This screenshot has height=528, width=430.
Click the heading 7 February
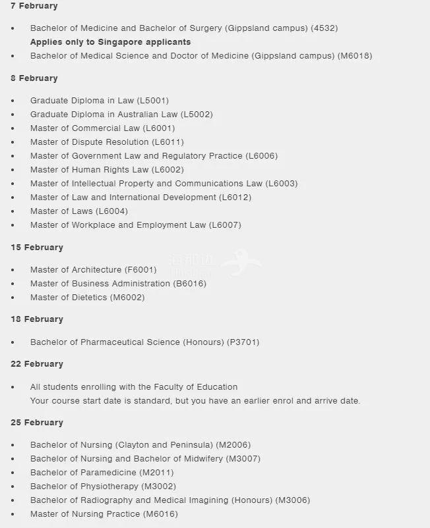34,6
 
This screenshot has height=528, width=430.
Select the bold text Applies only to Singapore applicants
110,42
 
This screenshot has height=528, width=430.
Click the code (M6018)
355,56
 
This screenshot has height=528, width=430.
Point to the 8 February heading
34,78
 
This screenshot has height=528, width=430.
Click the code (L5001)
153,101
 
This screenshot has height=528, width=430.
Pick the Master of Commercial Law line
102,128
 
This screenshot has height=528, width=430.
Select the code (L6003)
282,184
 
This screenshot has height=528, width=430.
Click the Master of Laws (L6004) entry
79,211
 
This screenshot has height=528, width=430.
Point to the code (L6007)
225,225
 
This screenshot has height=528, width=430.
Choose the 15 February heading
37,248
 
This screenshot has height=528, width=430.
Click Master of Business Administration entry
118,284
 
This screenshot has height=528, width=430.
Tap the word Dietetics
90,298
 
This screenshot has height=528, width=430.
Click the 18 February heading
37,319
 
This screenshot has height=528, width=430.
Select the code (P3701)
243,342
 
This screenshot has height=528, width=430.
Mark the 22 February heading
37,364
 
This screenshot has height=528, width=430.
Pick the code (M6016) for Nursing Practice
160,514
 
